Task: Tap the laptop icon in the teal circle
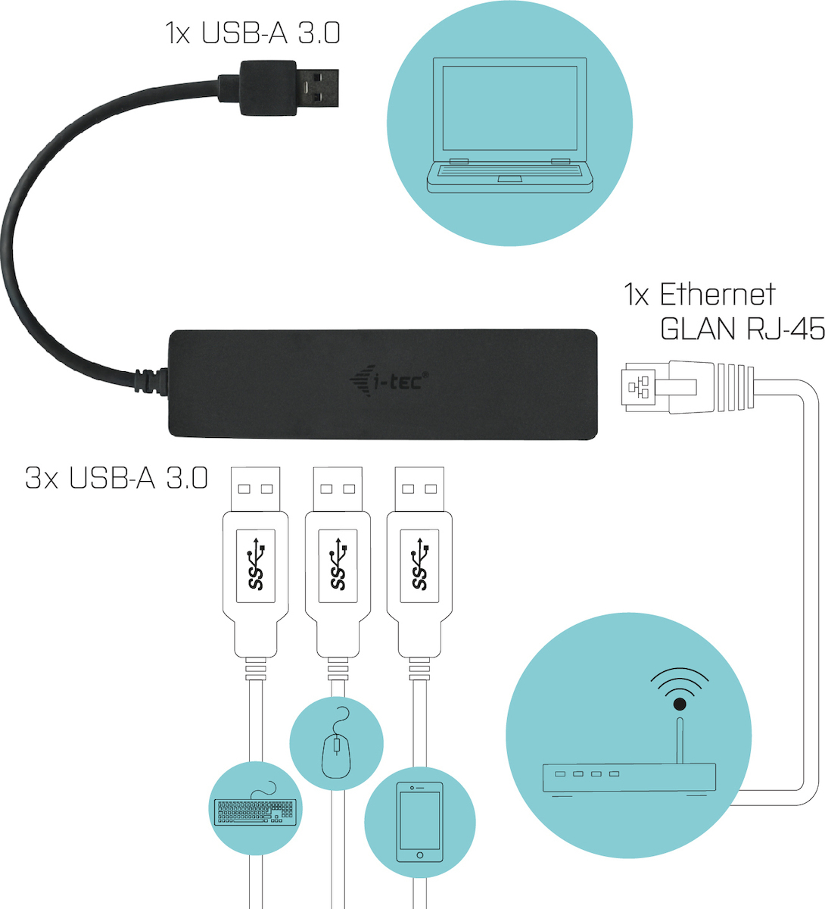(x=509, y=125)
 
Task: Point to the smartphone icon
(x=420, y=822)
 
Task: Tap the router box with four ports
(x=629, y=778)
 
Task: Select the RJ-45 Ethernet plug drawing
(x=687, y=386)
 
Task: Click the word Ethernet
(x=718, y=295)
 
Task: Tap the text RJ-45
(x=785, y=329)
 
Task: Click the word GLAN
(x=698, y=329)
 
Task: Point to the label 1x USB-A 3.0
(x=252, y=33)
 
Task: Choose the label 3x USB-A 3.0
(x=117, y=477)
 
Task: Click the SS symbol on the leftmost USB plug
(x=256, y=564)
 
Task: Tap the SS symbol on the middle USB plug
(x=338, y=564)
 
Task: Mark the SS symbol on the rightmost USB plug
(x=420, y=564)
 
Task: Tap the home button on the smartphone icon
(x=420, y=855)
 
